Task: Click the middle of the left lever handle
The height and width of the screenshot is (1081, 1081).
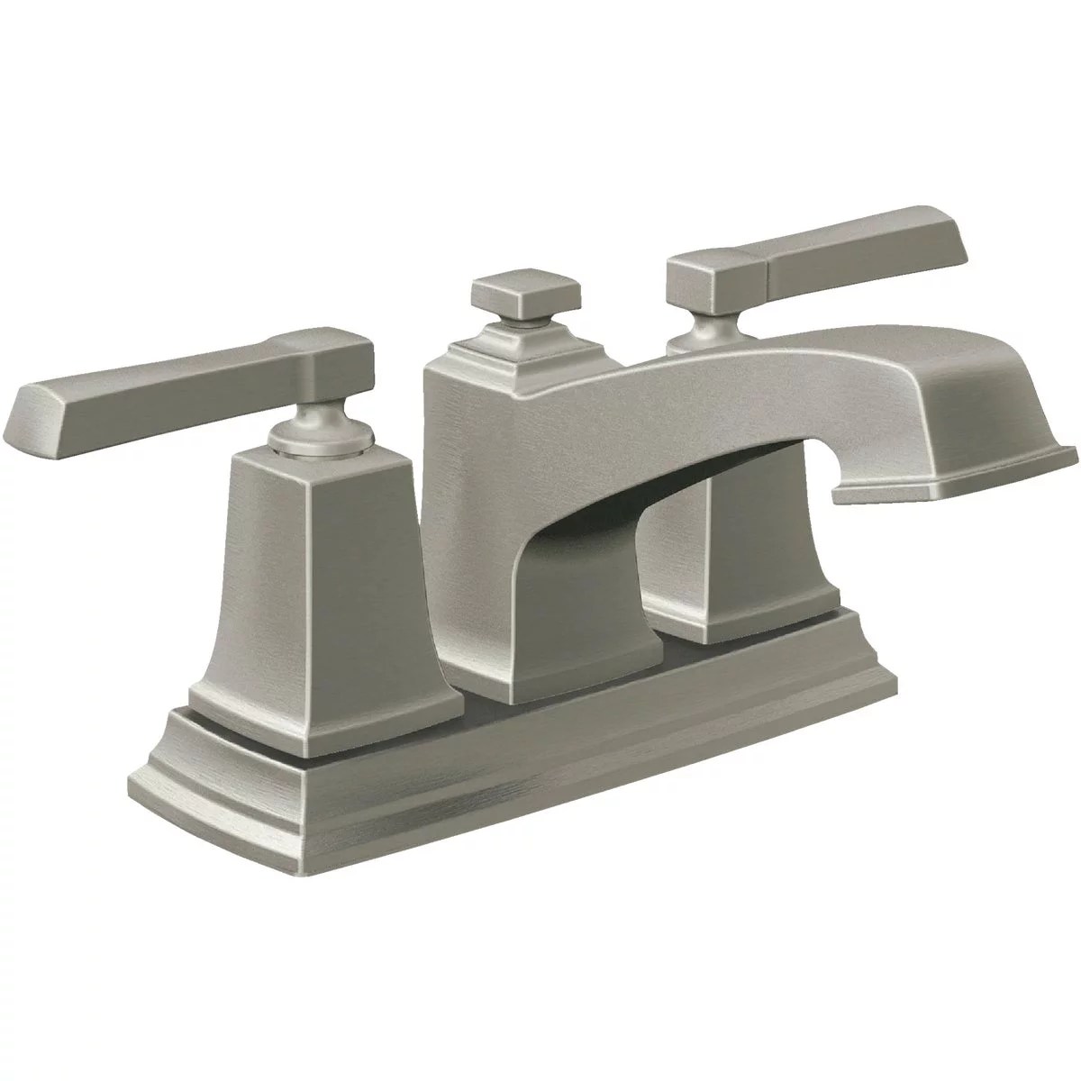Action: point(180,378)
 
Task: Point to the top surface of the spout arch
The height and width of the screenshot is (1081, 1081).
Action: point(721,360)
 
